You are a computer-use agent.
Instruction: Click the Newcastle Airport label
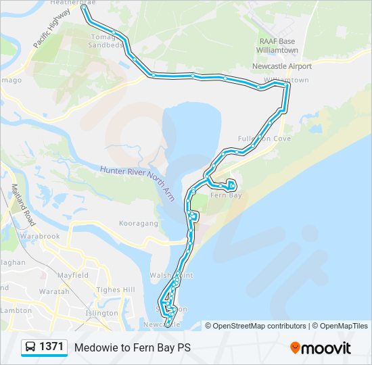[282, 66]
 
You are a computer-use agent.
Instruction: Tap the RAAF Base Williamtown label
[279, 45]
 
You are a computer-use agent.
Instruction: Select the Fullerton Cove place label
[264, 139]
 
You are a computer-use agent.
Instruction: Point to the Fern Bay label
[226, 195]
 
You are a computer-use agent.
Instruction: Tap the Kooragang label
[138, 223]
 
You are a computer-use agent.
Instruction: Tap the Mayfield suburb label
[73, 276]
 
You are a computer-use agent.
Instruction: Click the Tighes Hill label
[117, 290]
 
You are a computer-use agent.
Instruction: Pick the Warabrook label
[40, 237]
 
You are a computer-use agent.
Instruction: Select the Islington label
[102, 314]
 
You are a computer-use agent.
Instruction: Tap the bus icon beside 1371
[31, 347]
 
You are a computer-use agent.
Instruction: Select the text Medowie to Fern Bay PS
[133, 348]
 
